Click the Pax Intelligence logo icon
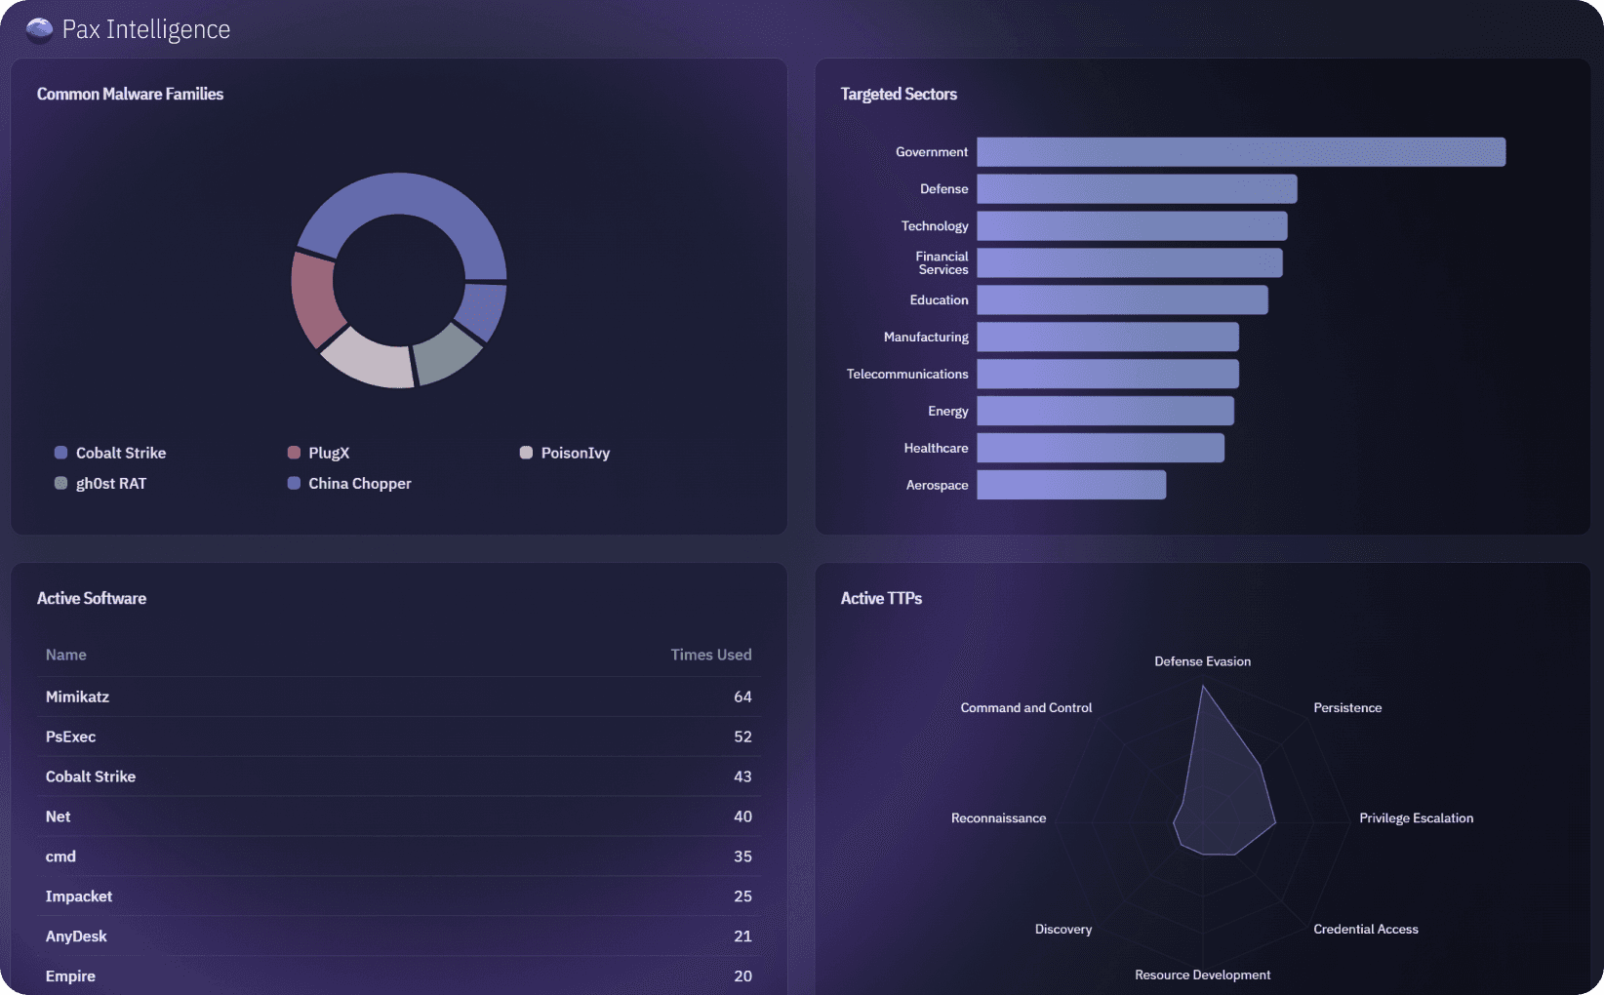[x=39, y=30]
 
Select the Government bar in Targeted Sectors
[x=1241, y=152]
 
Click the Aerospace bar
[x=1071, y=485]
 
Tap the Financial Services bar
[x=1129, y=262]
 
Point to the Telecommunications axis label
[x=907, y=374]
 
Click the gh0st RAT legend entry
[x=100, y=483]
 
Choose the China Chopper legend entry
[x=349, y=483]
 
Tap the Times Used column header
[x=711, y=655]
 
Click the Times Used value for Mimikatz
[x=742, y=696]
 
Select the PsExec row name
[x=70, y=736]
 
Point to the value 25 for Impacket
[x=742, y=896]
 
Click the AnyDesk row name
[x=76, y=936]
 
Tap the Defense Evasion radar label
[x=1202, y=661]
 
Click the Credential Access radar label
[x=1366, y=929]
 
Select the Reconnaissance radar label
[x=998, y=818]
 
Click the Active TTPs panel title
[x=881, y=598]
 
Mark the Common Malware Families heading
[x=130, y=94]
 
